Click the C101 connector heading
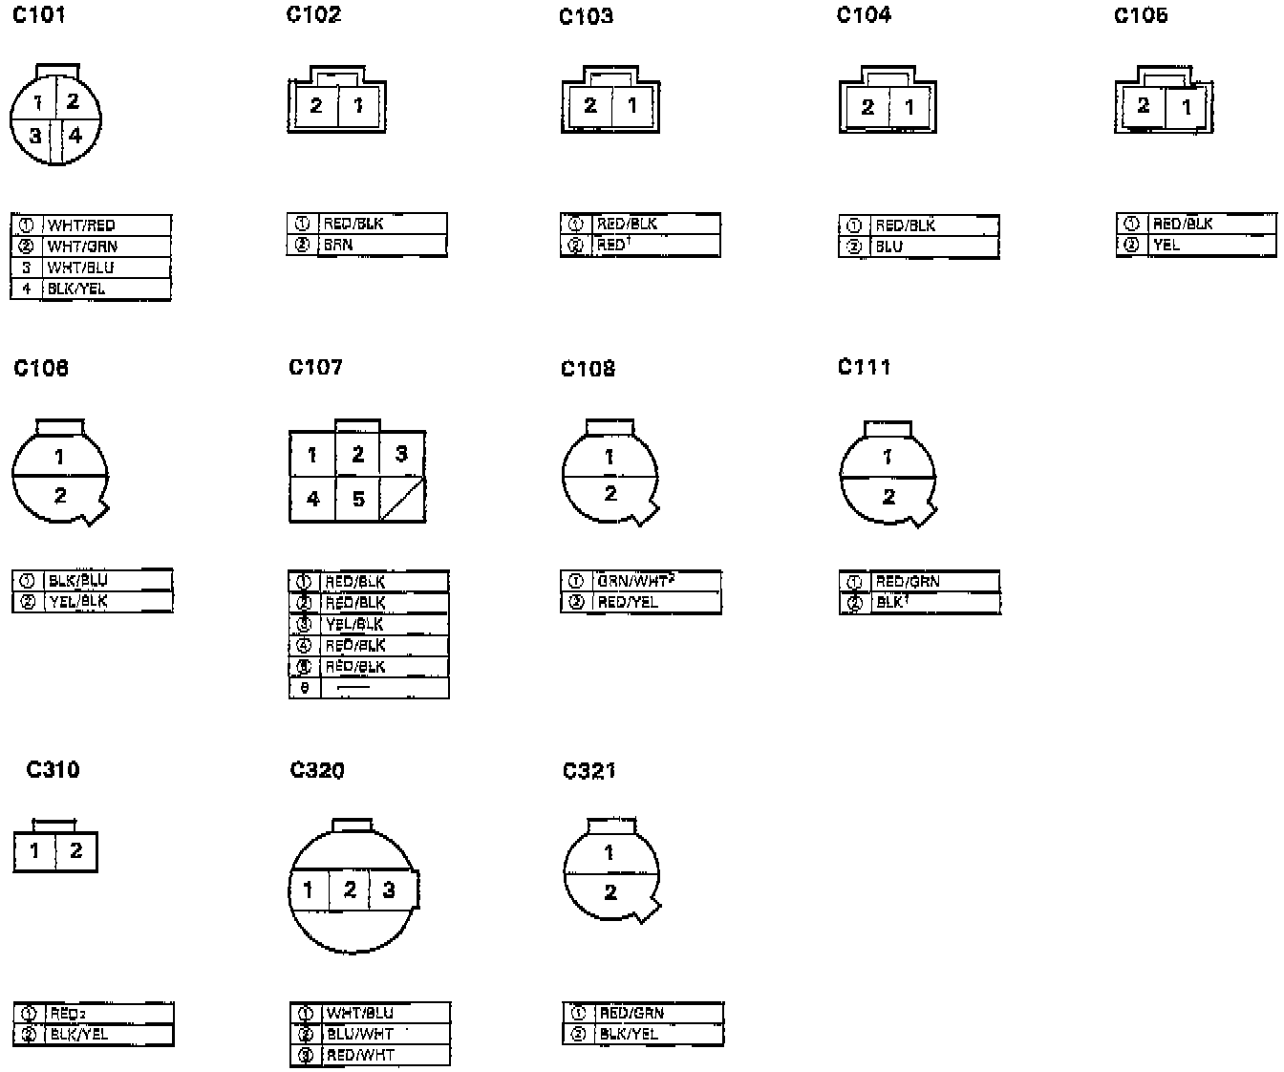pos(39,15)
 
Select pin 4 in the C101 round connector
pos(75,135)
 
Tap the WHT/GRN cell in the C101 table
pos(83,247)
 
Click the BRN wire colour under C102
pos(338,245)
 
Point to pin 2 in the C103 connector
pos(590,105)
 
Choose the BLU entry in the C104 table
pos(889,247)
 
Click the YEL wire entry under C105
pos(1166,245)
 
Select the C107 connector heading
pos(315,367)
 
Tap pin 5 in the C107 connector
pos(358,499)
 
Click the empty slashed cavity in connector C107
pos(402,499)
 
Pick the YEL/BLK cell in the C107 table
pos(354,624)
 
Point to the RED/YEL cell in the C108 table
pos(628,602)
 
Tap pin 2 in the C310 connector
pos(76,850)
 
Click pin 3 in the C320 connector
pos(389,890)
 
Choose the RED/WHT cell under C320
pos(360,1055)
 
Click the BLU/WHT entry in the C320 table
pos(360,1034)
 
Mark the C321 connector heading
pos(589,770)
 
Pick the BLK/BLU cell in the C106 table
pos(78,580)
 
